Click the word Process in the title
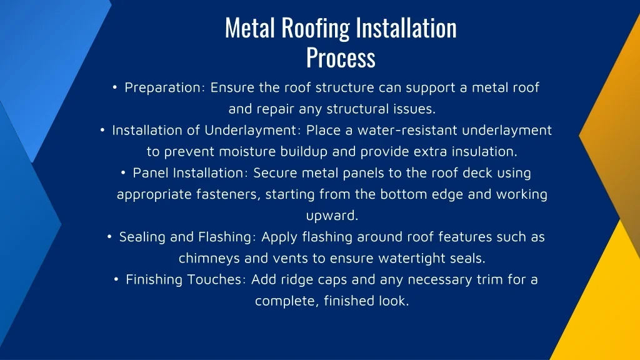click(341, 58)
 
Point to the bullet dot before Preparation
click(116, 87)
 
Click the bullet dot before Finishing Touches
click(117, 280)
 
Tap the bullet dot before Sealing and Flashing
click(109, 237)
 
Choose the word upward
click(331, 216)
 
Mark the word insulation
click(485, 152)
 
